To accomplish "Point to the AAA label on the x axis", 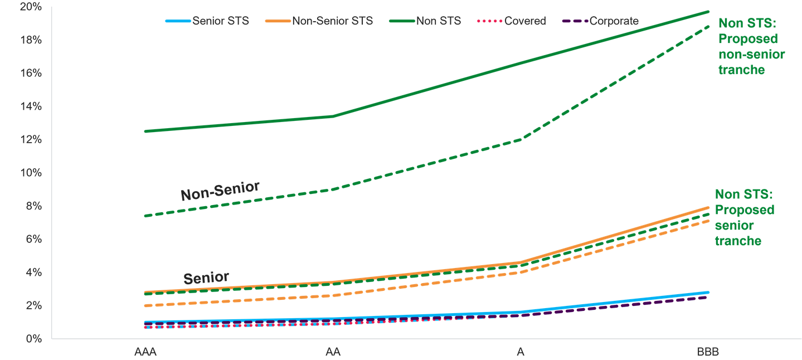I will pos(145,352).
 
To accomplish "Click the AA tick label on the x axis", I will pos(333,352).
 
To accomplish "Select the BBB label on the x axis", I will pos(708,352).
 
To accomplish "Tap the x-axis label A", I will pos(521,352).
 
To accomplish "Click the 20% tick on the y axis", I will pos(27,7).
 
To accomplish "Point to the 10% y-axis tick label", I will pos(27,173).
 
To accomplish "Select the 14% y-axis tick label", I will pos(27,106).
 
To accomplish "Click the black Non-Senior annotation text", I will pos(220,191).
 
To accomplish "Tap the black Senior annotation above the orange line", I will pos(206,278).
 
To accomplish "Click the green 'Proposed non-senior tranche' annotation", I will pos(751,47).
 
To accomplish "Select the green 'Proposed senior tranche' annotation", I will pos(745,217).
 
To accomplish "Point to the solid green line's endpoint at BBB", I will pos(708,11).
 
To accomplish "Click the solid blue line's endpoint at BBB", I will pos(708,292).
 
